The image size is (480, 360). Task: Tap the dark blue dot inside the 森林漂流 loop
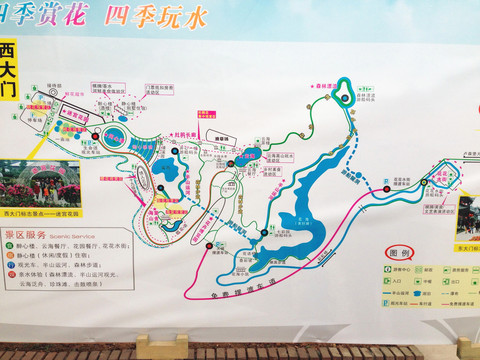click(342, 98)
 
